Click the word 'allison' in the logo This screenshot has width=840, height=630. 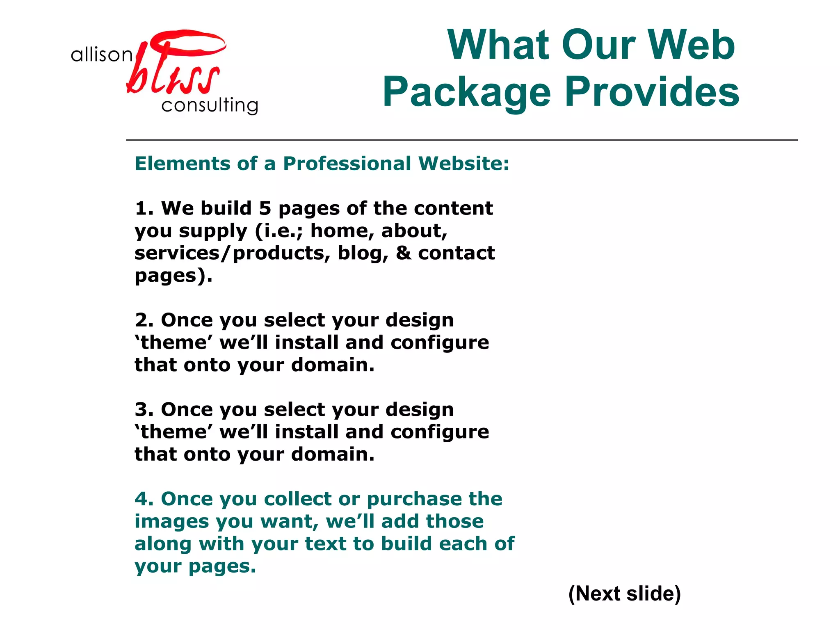101,55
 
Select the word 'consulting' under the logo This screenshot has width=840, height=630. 210,105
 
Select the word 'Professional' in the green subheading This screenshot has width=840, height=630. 347,163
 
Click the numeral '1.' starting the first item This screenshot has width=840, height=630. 144,208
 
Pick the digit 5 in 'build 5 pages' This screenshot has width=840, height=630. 265,208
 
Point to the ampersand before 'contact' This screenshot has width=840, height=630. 403,253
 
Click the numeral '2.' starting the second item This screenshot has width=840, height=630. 144,320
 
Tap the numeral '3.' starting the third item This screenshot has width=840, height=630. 144,410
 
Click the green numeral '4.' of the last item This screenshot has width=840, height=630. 144,499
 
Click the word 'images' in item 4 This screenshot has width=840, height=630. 172,522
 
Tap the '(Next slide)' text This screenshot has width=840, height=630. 624,593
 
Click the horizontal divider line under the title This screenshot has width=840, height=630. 461,140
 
